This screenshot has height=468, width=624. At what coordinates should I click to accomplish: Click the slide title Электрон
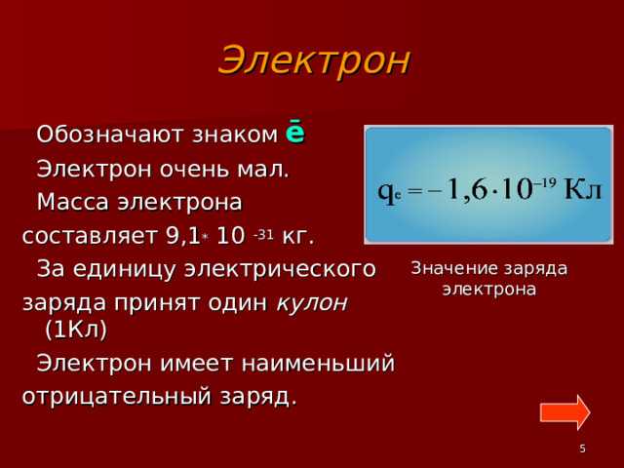tap(314, 60)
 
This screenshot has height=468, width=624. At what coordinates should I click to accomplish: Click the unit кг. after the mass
tap(297, 237)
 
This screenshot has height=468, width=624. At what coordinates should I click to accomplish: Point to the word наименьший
tap(326, 364)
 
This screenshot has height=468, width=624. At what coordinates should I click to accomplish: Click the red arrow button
tap(565, 411)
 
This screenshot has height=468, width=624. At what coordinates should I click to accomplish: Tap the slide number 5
tap(582, 448)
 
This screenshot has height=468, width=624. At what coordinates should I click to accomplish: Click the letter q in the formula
tap(385, 189)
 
